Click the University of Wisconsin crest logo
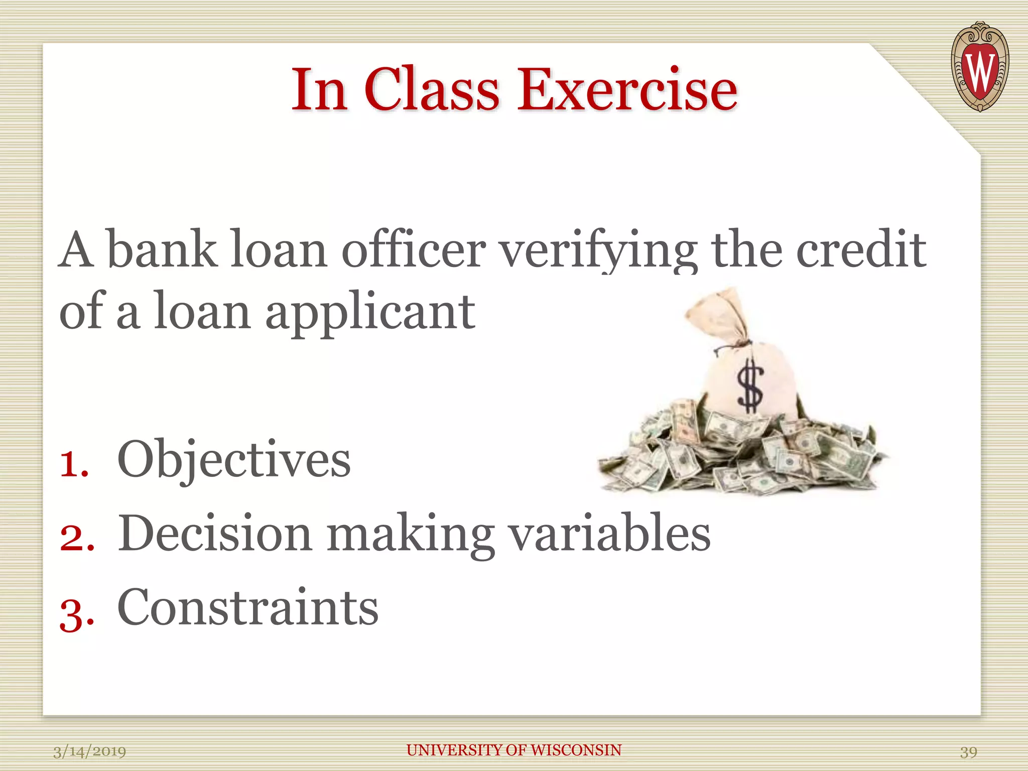tap(979, 67)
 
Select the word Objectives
tap(234, 460)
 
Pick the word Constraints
tap(248, 607)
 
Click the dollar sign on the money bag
tap(750, 387)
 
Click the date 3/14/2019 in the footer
tap(90, 751)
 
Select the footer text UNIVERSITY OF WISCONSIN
tap(514, 750)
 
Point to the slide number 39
tap(968, 752)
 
